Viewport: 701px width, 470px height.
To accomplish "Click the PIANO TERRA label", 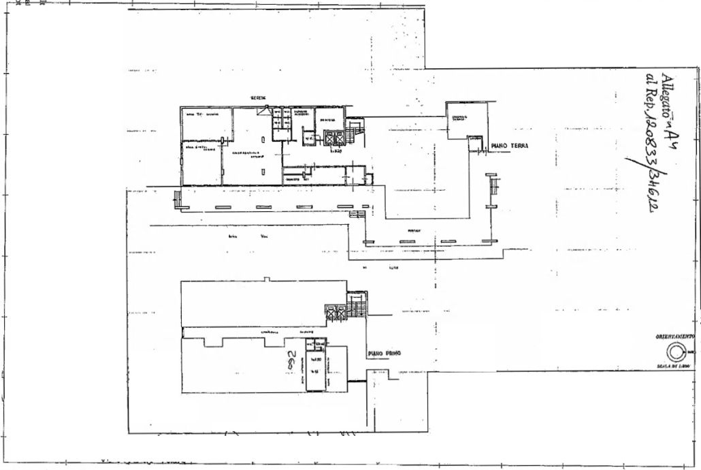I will coord(510,146).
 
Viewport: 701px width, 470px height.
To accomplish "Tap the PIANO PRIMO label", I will coord(385,354).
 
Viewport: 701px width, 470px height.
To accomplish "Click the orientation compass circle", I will coord(675,352).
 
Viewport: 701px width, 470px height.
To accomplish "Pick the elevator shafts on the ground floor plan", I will coord(335,139).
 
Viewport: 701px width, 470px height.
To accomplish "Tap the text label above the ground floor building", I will coord(258,98).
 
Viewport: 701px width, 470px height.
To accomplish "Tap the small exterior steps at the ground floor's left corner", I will coord(178,198).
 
